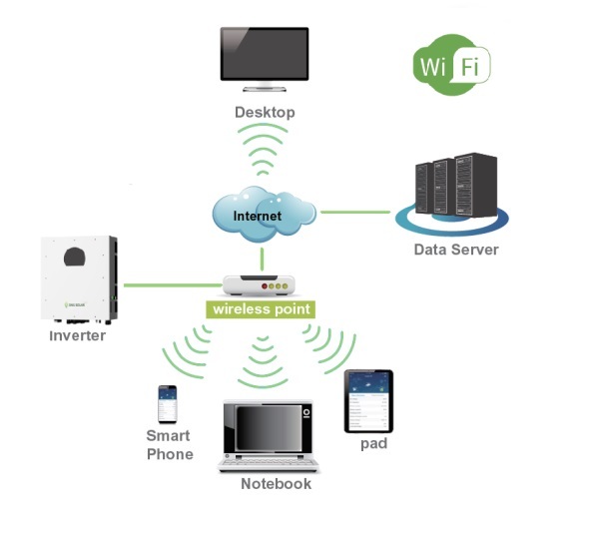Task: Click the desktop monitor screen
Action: [x=264, y=56]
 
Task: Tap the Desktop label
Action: [x=265, y=112]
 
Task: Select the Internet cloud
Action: [x=262, y=213]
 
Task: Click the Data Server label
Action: [x=455, y=250]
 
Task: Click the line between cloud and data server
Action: [x=354, y=212]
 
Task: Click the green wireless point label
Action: [x=261, y=309]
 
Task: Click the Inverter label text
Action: [x=78, y=336]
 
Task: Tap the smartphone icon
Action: [x=167, y=404]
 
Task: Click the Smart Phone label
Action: [x=169, y=445]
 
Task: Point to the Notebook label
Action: [x=276, y=484]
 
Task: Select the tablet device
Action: [x=368, y=400]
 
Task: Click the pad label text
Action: [x=373, y=443]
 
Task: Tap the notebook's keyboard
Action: [x=268, y=462]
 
